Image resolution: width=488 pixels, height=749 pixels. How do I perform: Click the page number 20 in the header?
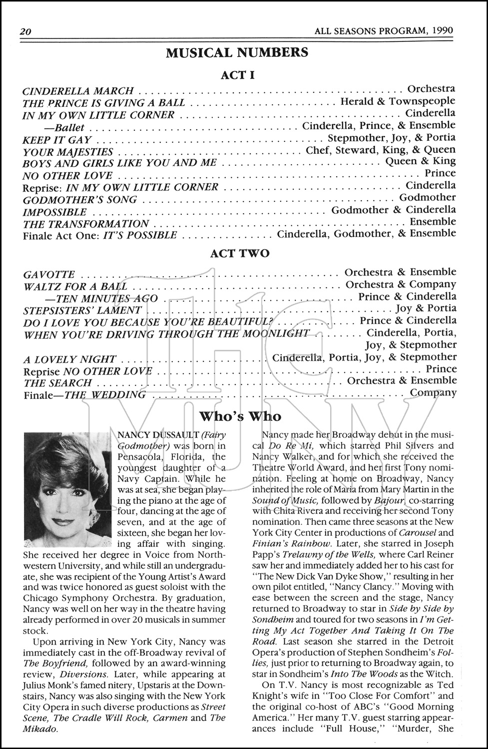[x=25, y=31]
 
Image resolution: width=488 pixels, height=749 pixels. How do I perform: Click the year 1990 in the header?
[x=442, y=30]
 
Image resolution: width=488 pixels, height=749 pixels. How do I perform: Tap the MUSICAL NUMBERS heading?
[x=237, y=53]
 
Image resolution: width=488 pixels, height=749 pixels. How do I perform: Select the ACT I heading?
[x=238, y=75]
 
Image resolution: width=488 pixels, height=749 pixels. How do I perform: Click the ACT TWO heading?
[x=240, y=253]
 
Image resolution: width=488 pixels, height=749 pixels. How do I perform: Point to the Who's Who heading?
[x=240, y=416]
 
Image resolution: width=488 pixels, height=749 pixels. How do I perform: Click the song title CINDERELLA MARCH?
[x=78, y=91]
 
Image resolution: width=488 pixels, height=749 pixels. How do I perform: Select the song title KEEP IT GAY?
[x=57, y=140]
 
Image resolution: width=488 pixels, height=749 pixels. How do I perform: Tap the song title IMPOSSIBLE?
[x=54, y=212]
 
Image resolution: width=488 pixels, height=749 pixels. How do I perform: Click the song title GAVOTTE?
[x=49, y=275]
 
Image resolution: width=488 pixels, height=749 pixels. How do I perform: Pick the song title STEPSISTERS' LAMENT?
[x=82, y=311]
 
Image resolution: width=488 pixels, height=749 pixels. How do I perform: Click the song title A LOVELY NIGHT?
[x=69, y=359]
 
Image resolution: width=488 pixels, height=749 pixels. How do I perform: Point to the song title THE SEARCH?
[x=57, y=383]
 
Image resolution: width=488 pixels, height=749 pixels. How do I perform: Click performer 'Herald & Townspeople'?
[x=398, y=101]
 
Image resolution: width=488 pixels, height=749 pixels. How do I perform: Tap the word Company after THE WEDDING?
[x=433, y=392]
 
